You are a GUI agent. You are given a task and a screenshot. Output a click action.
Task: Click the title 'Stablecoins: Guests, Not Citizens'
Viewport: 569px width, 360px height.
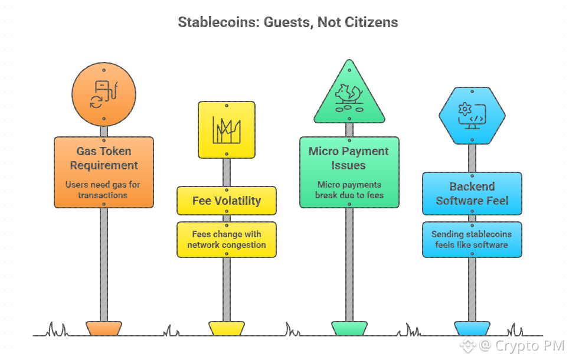[288, 23]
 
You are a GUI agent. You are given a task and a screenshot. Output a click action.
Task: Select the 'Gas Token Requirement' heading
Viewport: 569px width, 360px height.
[104, 158]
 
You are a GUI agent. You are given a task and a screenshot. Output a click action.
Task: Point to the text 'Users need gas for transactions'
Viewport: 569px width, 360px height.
[104, 189]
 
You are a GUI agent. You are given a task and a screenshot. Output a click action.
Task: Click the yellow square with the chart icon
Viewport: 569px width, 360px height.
[227, 130]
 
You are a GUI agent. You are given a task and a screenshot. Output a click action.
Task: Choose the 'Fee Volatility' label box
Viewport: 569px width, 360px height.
[227, 201]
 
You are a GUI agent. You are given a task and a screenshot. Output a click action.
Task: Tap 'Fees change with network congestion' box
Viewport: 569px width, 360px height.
[227, 240]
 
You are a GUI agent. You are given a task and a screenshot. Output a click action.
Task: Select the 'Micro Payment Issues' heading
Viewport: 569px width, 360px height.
[349, 158]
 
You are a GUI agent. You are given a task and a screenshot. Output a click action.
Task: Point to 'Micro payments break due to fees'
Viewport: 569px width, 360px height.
[349, 189]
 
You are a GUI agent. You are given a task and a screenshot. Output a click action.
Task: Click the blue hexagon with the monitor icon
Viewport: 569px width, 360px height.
[472, 115]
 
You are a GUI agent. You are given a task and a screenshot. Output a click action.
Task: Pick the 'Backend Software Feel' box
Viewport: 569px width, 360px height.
[472, 194]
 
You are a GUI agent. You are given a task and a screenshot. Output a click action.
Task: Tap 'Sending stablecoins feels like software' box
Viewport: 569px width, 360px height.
[472, 240]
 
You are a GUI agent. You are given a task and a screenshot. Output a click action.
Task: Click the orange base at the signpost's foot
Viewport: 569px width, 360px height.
[104, 328]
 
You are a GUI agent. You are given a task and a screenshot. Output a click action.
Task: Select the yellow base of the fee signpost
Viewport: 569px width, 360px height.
[227, 328]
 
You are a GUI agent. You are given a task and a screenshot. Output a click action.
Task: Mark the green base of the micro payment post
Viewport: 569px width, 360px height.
[349, 328]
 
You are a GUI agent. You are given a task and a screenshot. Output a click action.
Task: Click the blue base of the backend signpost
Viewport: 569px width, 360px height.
[472, 328]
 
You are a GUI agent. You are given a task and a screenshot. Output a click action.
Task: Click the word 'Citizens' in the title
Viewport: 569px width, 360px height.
[371, 23]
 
